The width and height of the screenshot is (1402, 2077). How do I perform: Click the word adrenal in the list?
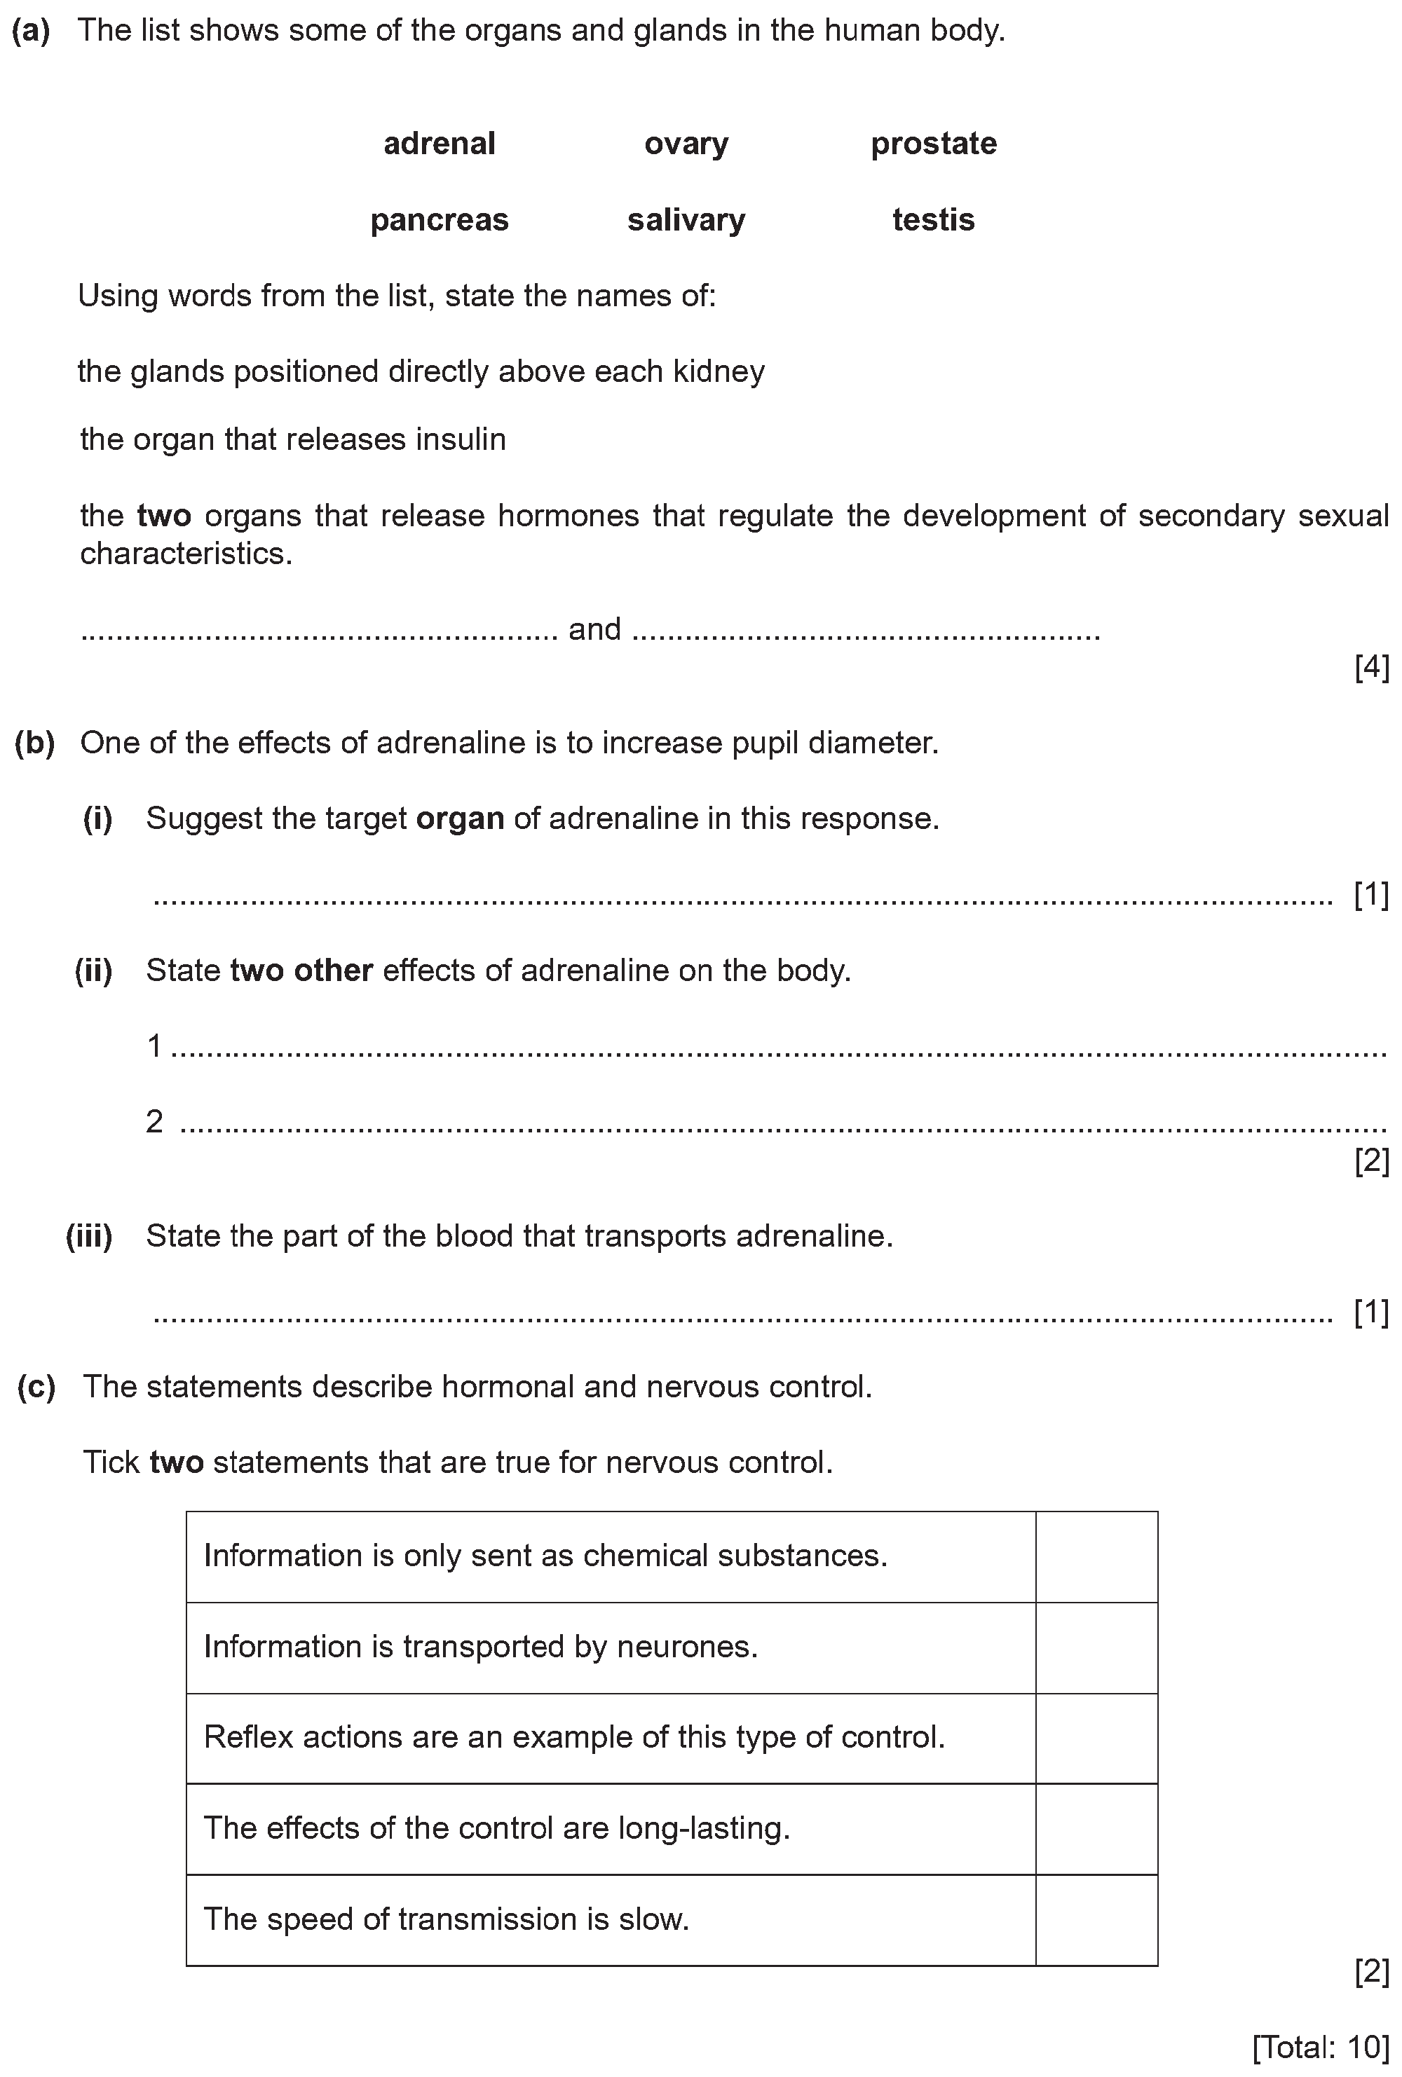coord(439,143)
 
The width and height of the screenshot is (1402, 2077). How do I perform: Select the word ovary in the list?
coord(686,143)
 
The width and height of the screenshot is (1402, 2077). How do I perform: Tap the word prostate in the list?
coord(934,143)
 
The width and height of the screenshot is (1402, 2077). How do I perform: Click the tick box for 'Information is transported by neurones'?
coord(1096,1647)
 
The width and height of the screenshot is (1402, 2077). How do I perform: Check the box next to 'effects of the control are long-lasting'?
coord(1096,1828)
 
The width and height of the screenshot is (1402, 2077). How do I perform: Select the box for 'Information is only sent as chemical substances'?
coord(1096,1556)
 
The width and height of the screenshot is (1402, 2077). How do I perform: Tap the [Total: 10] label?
coord(1321,2045)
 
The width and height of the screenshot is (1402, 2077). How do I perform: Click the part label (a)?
coord(32,30)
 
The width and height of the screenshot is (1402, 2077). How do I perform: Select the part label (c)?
coord(36,1386)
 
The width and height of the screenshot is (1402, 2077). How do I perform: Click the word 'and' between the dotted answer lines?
coord(594,629)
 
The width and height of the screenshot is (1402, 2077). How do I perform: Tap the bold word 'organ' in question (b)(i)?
coord(461,818)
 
